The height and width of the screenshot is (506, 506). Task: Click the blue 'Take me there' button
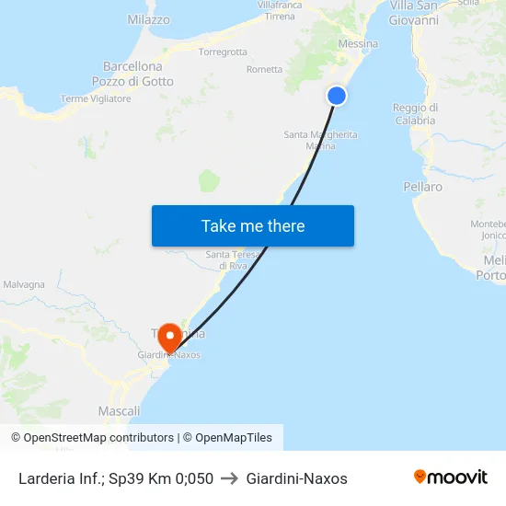click(253, 226)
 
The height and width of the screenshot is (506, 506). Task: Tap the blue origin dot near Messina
click(337, 96)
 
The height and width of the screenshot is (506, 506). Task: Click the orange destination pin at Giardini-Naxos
click(169, 338)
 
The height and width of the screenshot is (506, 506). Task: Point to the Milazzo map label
click(148, 19)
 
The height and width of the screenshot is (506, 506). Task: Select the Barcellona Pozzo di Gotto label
click(132, 74)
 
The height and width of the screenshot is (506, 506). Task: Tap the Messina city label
click(358, 44)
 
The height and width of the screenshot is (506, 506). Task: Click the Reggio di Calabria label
click(415, 114)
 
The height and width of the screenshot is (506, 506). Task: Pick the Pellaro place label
click(422, 187)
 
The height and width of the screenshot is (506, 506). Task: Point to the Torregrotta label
click(223, 52)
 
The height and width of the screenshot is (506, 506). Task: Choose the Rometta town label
click(265, 70)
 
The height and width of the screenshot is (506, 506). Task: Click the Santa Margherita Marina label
click(320, 140)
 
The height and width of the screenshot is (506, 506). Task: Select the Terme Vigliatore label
click(96, 98)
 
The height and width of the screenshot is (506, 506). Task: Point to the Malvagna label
click(23, 284)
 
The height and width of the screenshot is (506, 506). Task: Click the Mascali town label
click(119, 411)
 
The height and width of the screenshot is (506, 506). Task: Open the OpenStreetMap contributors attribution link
click(92, 438)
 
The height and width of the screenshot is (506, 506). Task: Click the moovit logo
click(451, 477)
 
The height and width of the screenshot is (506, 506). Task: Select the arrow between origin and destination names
click(230, 478)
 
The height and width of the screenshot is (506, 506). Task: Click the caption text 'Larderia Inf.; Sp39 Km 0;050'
click(116, 478)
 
